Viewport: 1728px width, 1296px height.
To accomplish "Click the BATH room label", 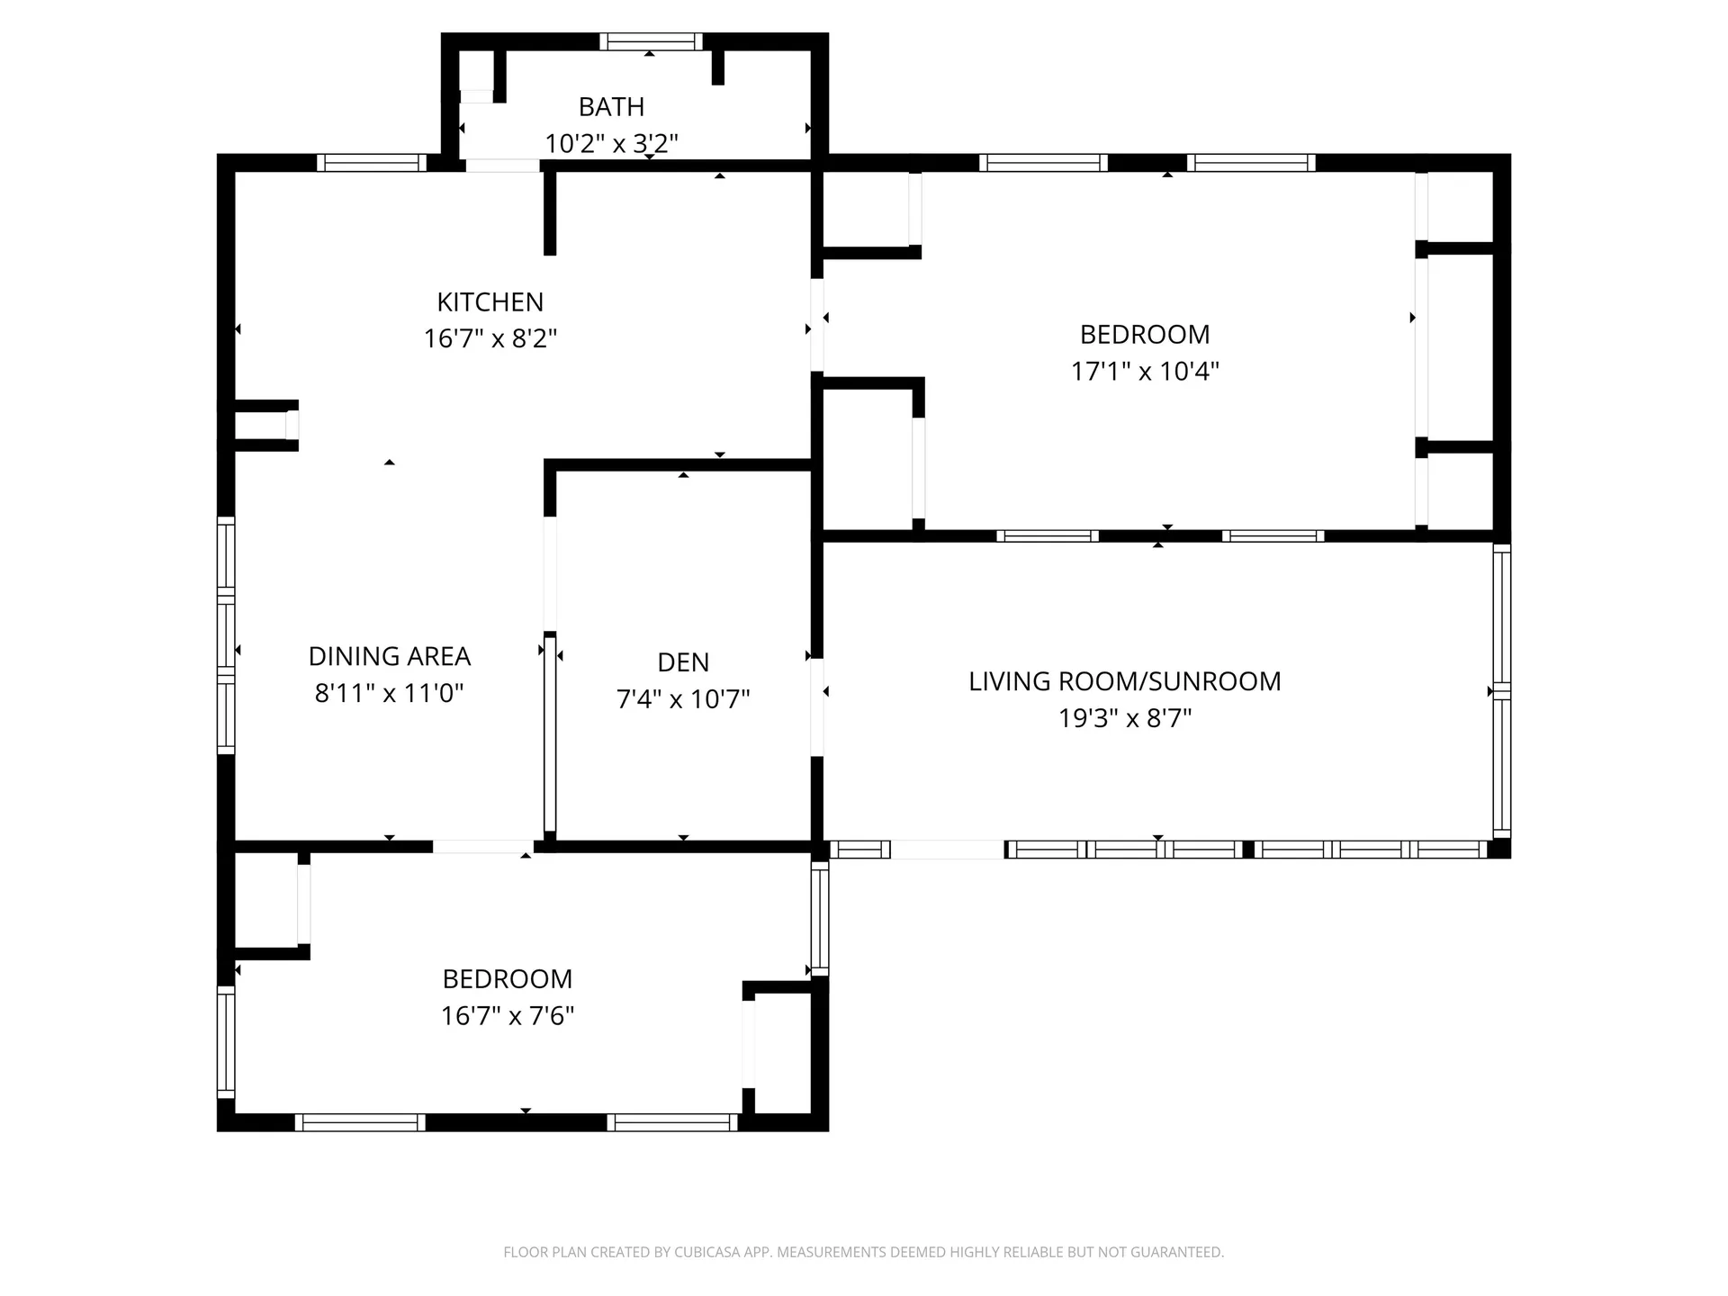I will coord(611,107).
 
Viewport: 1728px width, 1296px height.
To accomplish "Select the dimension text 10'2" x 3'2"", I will coord(611,144).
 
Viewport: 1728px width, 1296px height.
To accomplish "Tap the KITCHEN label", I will coord(490,302).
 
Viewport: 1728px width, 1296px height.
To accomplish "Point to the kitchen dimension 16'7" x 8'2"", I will coord(490,339).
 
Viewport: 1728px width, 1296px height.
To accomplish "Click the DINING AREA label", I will coord(389,657).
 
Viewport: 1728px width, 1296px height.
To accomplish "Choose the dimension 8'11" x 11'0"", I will coord(389,694).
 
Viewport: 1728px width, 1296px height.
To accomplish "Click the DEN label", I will coord(683,663).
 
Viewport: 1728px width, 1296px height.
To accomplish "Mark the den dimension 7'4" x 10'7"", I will coord(683,699).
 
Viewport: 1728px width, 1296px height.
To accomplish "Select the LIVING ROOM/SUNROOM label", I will coord(1124,682).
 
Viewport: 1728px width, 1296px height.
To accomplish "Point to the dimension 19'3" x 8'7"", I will coord(1124,719).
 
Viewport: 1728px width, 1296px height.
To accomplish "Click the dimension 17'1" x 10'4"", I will coord(1144,372).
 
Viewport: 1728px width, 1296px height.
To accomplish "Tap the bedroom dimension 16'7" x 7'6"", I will coord(507,1016).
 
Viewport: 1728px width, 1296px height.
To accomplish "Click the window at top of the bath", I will coord(651,41).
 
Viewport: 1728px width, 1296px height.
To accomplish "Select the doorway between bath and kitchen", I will coord(501,166).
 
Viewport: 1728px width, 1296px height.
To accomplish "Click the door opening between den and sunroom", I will coord(817,707).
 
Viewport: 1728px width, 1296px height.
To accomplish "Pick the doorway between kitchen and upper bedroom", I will coord(817,326).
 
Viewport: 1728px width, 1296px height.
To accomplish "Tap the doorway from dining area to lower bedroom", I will coord(483,847).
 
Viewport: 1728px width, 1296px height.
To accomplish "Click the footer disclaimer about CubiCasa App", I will coord(863,1252).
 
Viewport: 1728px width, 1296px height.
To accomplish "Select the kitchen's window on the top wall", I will coord(371,163).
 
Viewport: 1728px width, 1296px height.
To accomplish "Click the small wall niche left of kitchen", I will coord(263,425).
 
